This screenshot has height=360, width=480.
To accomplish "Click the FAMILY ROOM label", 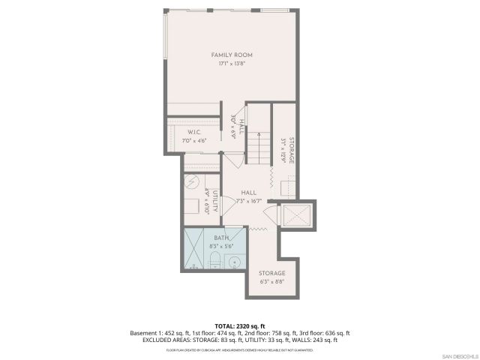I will point(231,55).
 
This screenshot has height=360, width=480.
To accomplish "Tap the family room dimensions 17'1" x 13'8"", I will point(231,63).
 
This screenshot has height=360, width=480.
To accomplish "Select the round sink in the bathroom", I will point(234,262).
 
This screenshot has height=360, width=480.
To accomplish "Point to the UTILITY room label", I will point(214,202).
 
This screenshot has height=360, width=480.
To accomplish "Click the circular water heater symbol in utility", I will point(191,182).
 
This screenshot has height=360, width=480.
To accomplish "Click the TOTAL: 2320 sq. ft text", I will point(240,325).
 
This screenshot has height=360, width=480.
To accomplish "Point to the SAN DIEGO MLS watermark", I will point(458,355).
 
